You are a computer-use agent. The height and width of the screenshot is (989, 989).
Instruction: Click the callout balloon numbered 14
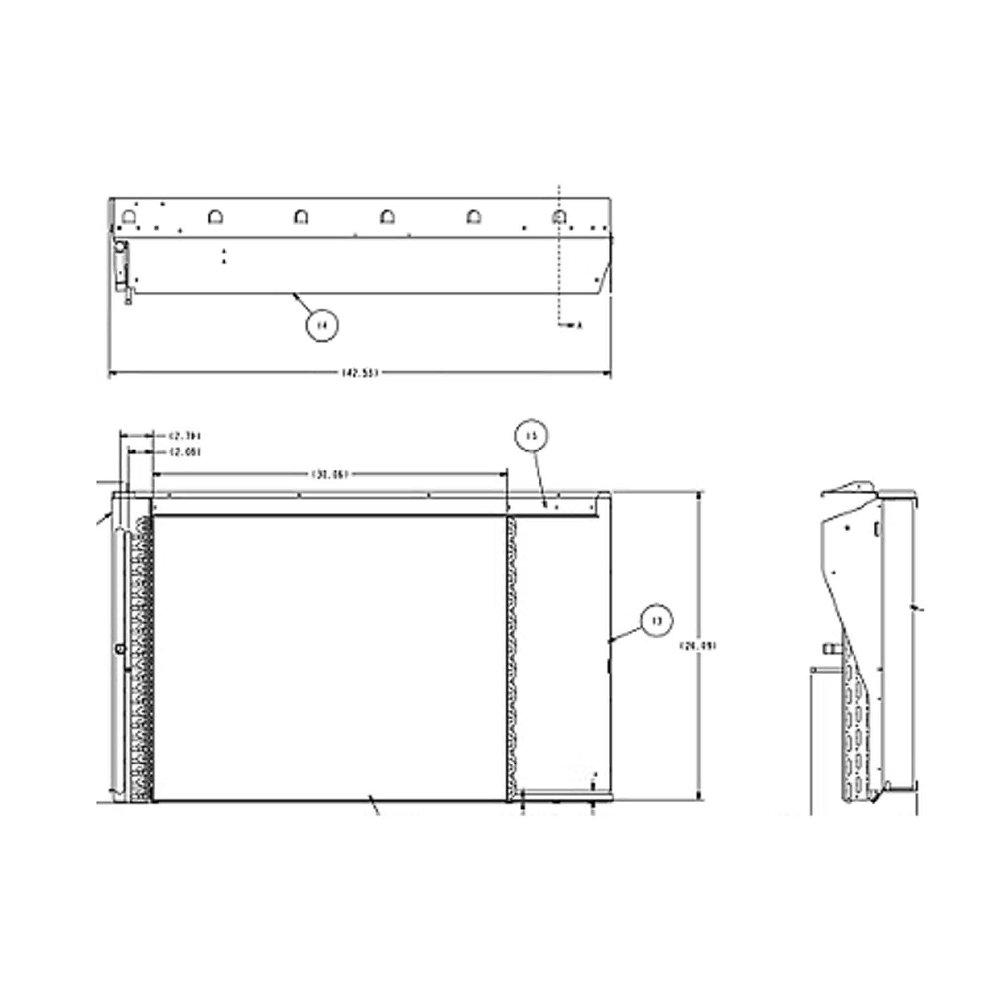[x=322, y=324]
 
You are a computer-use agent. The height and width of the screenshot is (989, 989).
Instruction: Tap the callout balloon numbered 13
[x=657, y=621]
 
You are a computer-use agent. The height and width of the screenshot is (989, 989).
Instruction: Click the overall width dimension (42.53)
[x=360, y=373]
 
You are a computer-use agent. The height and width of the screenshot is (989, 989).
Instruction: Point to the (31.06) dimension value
[x=330, y=474]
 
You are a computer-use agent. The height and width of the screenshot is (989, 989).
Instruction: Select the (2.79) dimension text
[x=185, y=436]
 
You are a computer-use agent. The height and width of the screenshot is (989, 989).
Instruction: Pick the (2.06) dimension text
[x=185, y=451]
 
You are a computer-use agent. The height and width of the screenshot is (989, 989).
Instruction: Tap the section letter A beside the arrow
[x=580, y=325]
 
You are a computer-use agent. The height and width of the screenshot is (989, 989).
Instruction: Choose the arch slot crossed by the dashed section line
[x=559, y=217]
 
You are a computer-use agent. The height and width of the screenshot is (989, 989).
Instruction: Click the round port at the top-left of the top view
[x=120, y=247]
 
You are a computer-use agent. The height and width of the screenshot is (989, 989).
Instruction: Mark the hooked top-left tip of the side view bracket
[x=823, y=494]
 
